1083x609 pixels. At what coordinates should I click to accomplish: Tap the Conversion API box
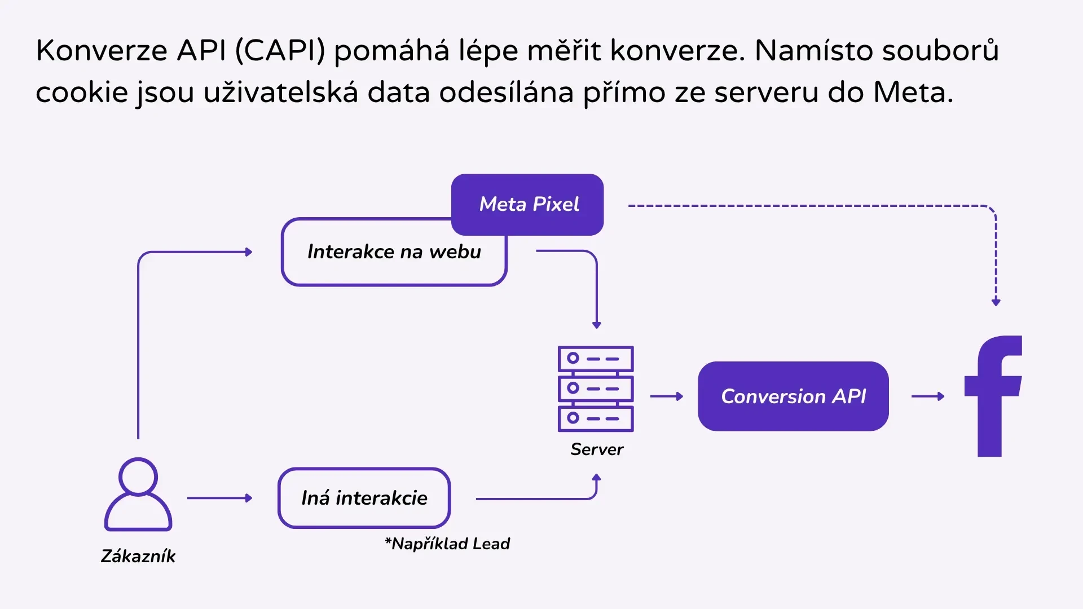click(793, 396)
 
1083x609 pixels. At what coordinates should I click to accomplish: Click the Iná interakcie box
click(364, 498)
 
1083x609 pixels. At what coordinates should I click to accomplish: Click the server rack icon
click(596, 389)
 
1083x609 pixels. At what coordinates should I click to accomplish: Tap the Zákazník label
click(138, 556)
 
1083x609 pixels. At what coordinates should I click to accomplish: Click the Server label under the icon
click(597, 449)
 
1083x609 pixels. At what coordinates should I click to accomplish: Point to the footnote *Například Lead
click(447, 544)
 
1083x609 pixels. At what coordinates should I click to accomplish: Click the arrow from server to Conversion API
click(667, 396)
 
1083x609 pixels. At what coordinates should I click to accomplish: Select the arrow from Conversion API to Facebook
click(928, 396)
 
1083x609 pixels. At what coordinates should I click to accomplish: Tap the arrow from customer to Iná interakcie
click(219, 498)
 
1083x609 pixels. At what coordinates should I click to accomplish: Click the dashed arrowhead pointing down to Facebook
click(996, 302)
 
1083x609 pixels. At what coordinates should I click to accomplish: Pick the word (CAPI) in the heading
click(280, 50)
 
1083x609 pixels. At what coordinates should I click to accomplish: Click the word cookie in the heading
click(82, 92)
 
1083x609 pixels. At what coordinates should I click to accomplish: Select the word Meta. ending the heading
click(913, 92)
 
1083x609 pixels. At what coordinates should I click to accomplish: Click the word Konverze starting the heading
click(102, 50)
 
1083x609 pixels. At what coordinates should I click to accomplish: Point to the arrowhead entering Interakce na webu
click(249, 252)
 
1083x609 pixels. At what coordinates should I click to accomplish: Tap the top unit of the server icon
click(596, 359)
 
